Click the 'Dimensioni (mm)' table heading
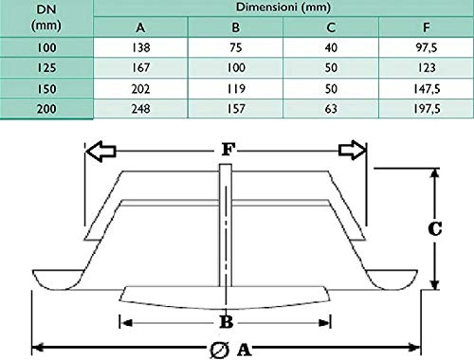click(283, 7)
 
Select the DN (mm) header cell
click(46, 17)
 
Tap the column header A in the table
click(140, 27)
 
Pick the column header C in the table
click(331, 27)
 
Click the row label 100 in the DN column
click(46, 47)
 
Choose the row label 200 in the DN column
click(46, 109)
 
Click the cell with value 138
click(141, 47)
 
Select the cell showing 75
click(236, 47)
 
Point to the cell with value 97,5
click(427, 47)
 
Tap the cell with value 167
click(141, 68)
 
